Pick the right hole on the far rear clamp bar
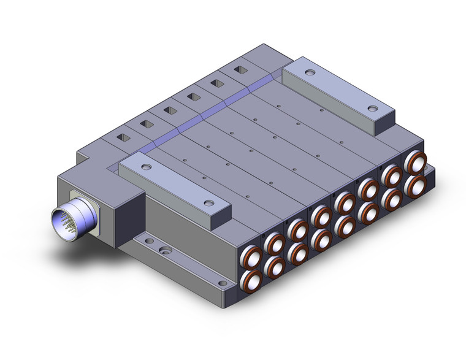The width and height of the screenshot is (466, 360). click(x=372, y=108)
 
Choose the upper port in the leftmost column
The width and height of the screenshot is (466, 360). click(x=252, y=255)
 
